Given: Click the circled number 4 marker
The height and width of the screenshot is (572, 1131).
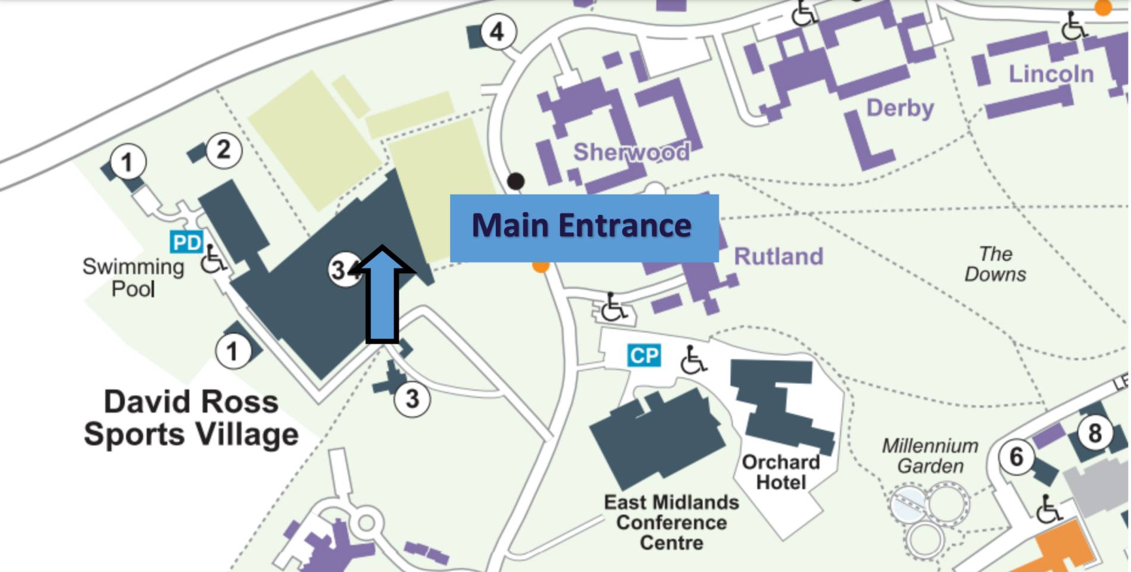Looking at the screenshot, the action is pyautogui.click(x=497, y=32).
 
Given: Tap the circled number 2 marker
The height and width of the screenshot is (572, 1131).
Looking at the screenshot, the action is pyautogui.click(x=224, y=150).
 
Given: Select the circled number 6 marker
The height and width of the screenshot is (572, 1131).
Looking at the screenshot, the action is pyautogui.click(x=1016, y=457).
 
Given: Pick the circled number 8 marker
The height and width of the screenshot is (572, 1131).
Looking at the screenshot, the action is pyautogui.click(x=1095, y=433).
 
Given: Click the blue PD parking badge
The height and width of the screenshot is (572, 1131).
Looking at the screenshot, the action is pyautogui.click(x=186, y=242).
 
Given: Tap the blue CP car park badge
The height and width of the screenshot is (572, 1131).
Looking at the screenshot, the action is pyautogui.click(x=644, y=355).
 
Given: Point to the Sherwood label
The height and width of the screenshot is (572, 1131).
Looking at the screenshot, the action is pyautogui.click(x=631, y=152).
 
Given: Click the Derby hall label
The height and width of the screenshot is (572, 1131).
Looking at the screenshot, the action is pyautogui.click(x=899, y=108).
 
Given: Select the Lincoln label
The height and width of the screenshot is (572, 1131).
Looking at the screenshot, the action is pyautogui.click(x=1051, y=74).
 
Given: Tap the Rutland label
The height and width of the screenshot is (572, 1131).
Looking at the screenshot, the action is pyautogui.click(x=778, y=257).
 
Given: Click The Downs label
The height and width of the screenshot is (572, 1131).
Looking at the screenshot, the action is pyautogui.click(x=995, y=264).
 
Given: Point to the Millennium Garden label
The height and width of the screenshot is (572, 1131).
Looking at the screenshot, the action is pyautogui.click(x=930, y=455).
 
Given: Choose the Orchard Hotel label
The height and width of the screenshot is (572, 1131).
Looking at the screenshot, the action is pyautogui.click(x=780, y=472).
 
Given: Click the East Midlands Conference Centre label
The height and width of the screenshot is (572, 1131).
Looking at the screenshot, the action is pyautogui.click(x=671, y=522).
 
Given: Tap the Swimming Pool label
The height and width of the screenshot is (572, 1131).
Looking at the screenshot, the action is pyautogui.click(x=133, y=277).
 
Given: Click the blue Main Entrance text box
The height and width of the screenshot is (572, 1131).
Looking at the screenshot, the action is pyautogui.click(x=584, y=228).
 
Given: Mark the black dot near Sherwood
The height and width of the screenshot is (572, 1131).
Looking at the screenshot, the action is pyautogui.click(x=515, y=181).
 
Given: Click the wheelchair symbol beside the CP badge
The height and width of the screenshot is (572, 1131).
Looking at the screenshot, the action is pyautogui.click(x=692, y=360).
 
